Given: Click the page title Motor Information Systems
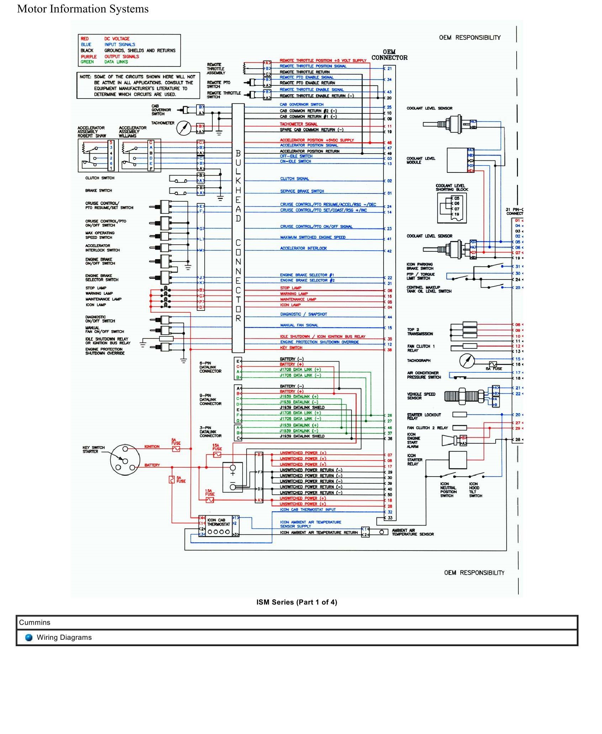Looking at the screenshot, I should [x=83, y=9].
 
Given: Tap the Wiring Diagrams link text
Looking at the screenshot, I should [x=64, y=637].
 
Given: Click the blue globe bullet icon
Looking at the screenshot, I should [x=29, y=638].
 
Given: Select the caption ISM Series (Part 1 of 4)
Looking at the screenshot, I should [x=297, y=602].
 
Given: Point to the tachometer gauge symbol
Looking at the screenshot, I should [x=184, y=128].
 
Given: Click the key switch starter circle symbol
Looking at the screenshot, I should [x=125, y=459].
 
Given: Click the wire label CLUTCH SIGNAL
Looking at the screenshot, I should [x=295, y=179].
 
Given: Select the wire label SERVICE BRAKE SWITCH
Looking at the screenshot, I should [x=302, y=191].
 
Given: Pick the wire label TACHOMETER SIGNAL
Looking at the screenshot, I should [x=299, y=124].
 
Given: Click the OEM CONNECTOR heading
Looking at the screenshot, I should [x=389, y=55].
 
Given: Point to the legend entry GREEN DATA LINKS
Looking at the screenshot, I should [x=104, y=62].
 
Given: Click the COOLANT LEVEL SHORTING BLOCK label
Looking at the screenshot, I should [x=452, y=187].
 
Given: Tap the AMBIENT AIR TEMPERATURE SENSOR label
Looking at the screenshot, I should [x=413, y=532].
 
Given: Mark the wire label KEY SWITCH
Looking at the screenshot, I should [x=291, y=348].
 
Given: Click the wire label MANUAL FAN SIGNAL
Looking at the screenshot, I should [x=299, y=325].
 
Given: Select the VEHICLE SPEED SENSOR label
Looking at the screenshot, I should [x=421, y=396].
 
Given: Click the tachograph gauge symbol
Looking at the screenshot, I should [x=467, y=361].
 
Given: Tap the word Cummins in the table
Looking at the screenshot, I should [x=35, y=622].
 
